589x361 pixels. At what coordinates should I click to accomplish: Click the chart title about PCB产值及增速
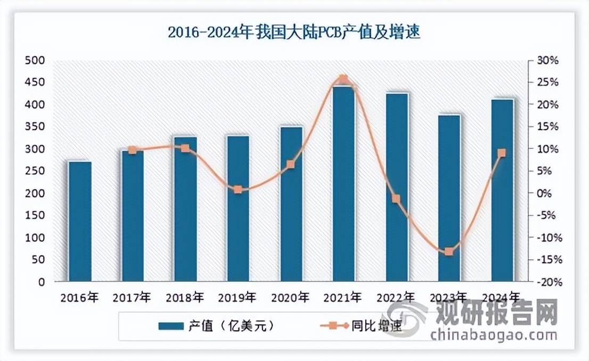coord(294,33)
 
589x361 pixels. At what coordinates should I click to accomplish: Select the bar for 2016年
coord(80,221)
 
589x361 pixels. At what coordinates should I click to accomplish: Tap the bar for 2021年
coord(343,184)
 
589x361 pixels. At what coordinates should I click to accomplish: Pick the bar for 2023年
coord(449,198)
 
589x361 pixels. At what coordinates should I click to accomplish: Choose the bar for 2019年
coord(238,209)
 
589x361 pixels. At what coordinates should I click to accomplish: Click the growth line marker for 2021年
coord(343,79)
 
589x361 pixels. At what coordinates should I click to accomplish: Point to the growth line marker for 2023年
coord(449,251)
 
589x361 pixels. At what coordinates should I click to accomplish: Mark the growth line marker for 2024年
coord(502,153)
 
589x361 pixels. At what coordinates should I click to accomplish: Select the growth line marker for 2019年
coord(238,190)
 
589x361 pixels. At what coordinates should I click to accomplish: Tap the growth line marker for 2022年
coord(396,199)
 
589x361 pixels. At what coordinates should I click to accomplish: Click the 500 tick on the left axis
coord(35,60)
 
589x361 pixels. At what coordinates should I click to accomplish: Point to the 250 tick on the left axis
coord(35,171)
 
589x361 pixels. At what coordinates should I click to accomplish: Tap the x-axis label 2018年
coord(185,297)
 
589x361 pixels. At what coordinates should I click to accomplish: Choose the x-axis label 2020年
coord(291,297)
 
